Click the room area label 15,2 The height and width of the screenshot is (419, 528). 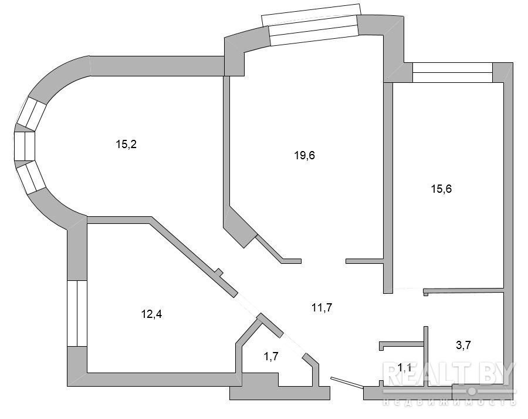click(126, 145)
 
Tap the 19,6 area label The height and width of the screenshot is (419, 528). click(304, 156)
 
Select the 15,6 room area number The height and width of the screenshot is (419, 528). click(441, 189)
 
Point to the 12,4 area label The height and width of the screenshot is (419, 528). click(151, 314)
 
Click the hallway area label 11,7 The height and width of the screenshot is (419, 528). click(322, 308)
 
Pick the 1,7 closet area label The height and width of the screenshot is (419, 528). click(270, 356)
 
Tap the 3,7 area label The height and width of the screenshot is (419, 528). click(463, 346)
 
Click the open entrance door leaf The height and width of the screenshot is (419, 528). click(347, 381)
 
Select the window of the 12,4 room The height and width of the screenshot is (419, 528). click(77, 313)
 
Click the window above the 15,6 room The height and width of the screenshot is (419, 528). click(452, 72)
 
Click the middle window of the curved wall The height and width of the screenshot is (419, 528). click(25, 146)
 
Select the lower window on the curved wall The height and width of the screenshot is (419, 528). click(32, 177)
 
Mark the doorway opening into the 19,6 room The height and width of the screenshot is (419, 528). click(324, 261)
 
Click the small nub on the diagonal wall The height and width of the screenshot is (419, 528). click(219, 272)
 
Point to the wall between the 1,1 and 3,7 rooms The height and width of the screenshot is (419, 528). click(426, 356)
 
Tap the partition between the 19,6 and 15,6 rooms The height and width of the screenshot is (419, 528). click(388, 188)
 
